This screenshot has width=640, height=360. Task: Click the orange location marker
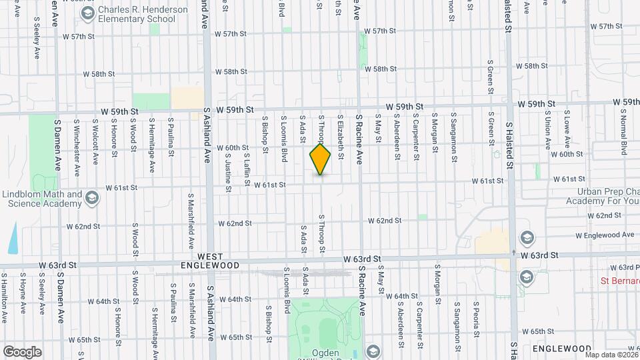[x=321, y=159]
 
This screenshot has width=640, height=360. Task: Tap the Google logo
[x=22, y=351]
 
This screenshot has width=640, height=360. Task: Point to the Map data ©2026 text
[x=612, y=355]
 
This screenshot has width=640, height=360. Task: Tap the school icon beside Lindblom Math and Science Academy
[x=92, y=197]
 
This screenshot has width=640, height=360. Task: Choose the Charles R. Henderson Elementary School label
[x=136, y=14]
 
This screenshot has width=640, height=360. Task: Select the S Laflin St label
[x=246, y=166]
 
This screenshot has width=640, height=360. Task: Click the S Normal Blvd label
[x=623, y=134]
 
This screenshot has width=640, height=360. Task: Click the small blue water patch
[x=13, y=239]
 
